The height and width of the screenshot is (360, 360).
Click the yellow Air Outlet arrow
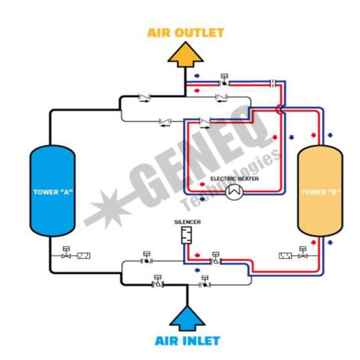185,55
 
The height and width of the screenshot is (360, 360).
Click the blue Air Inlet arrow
187,319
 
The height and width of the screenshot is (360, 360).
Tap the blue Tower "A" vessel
52,191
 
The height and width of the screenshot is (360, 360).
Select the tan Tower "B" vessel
321,191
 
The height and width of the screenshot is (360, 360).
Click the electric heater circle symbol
234,192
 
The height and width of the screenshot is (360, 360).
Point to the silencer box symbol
187,236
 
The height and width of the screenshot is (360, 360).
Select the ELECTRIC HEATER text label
234,179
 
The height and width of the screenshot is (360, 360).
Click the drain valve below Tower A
66,253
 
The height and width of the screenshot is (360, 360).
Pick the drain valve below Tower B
302,253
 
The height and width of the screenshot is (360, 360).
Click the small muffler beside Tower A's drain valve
84,256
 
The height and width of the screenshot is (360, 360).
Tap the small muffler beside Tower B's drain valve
285,256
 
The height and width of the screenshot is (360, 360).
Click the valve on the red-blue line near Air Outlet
224,80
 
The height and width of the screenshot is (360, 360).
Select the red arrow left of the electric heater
202,185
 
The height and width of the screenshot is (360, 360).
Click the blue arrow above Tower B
330,135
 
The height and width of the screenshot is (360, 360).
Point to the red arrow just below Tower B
313,242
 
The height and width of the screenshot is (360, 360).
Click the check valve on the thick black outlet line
145,98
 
